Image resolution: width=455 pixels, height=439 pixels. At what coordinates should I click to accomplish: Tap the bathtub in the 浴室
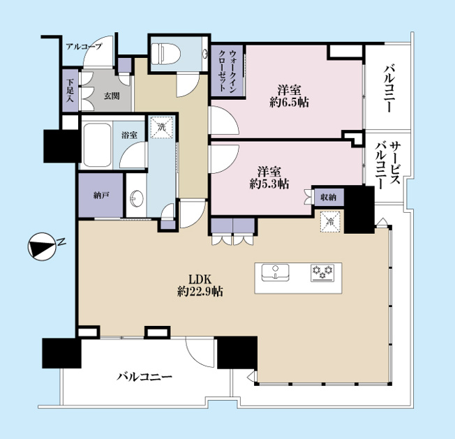coord(97,144)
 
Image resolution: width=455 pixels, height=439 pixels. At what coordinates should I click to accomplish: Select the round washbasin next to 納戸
coord(137,198)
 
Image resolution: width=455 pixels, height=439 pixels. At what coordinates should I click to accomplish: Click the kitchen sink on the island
coord(275,272)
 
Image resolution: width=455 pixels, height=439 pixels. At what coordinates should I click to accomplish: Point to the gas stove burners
coord(322,273)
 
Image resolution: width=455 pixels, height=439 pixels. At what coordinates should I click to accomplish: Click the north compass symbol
coord(41,246)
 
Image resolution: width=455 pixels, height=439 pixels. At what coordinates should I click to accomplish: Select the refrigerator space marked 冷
coord(330,222)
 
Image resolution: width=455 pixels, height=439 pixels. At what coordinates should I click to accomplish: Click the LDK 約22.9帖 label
coord(200,285)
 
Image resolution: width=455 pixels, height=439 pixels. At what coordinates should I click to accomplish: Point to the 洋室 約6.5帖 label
coord(289,96)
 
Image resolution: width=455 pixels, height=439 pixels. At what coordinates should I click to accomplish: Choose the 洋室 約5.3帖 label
coord(269,177)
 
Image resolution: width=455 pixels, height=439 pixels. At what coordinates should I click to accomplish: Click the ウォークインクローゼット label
coord(227,70)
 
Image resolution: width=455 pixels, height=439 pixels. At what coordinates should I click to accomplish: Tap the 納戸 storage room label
coord(101,195)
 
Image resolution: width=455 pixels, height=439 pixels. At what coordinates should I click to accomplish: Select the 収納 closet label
coord(328,198)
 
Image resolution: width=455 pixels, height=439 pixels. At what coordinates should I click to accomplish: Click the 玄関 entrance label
coord(112,96)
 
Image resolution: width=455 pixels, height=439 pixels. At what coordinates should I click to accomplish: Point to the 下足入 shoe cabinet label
coord(70,91)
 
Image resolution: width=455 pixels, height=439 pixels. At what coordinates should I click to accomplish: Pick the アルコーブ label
coord(84,47)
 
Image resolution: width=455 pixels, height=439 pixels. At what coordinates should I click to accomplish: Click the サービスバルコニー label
coord(387,165)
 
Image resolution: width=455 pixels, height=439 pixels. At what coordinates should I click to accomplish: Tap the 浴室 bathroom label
coord(129,135)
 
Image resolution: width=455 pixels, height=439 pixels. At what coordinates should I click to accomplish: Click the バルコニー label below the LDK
coord(144,377)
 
